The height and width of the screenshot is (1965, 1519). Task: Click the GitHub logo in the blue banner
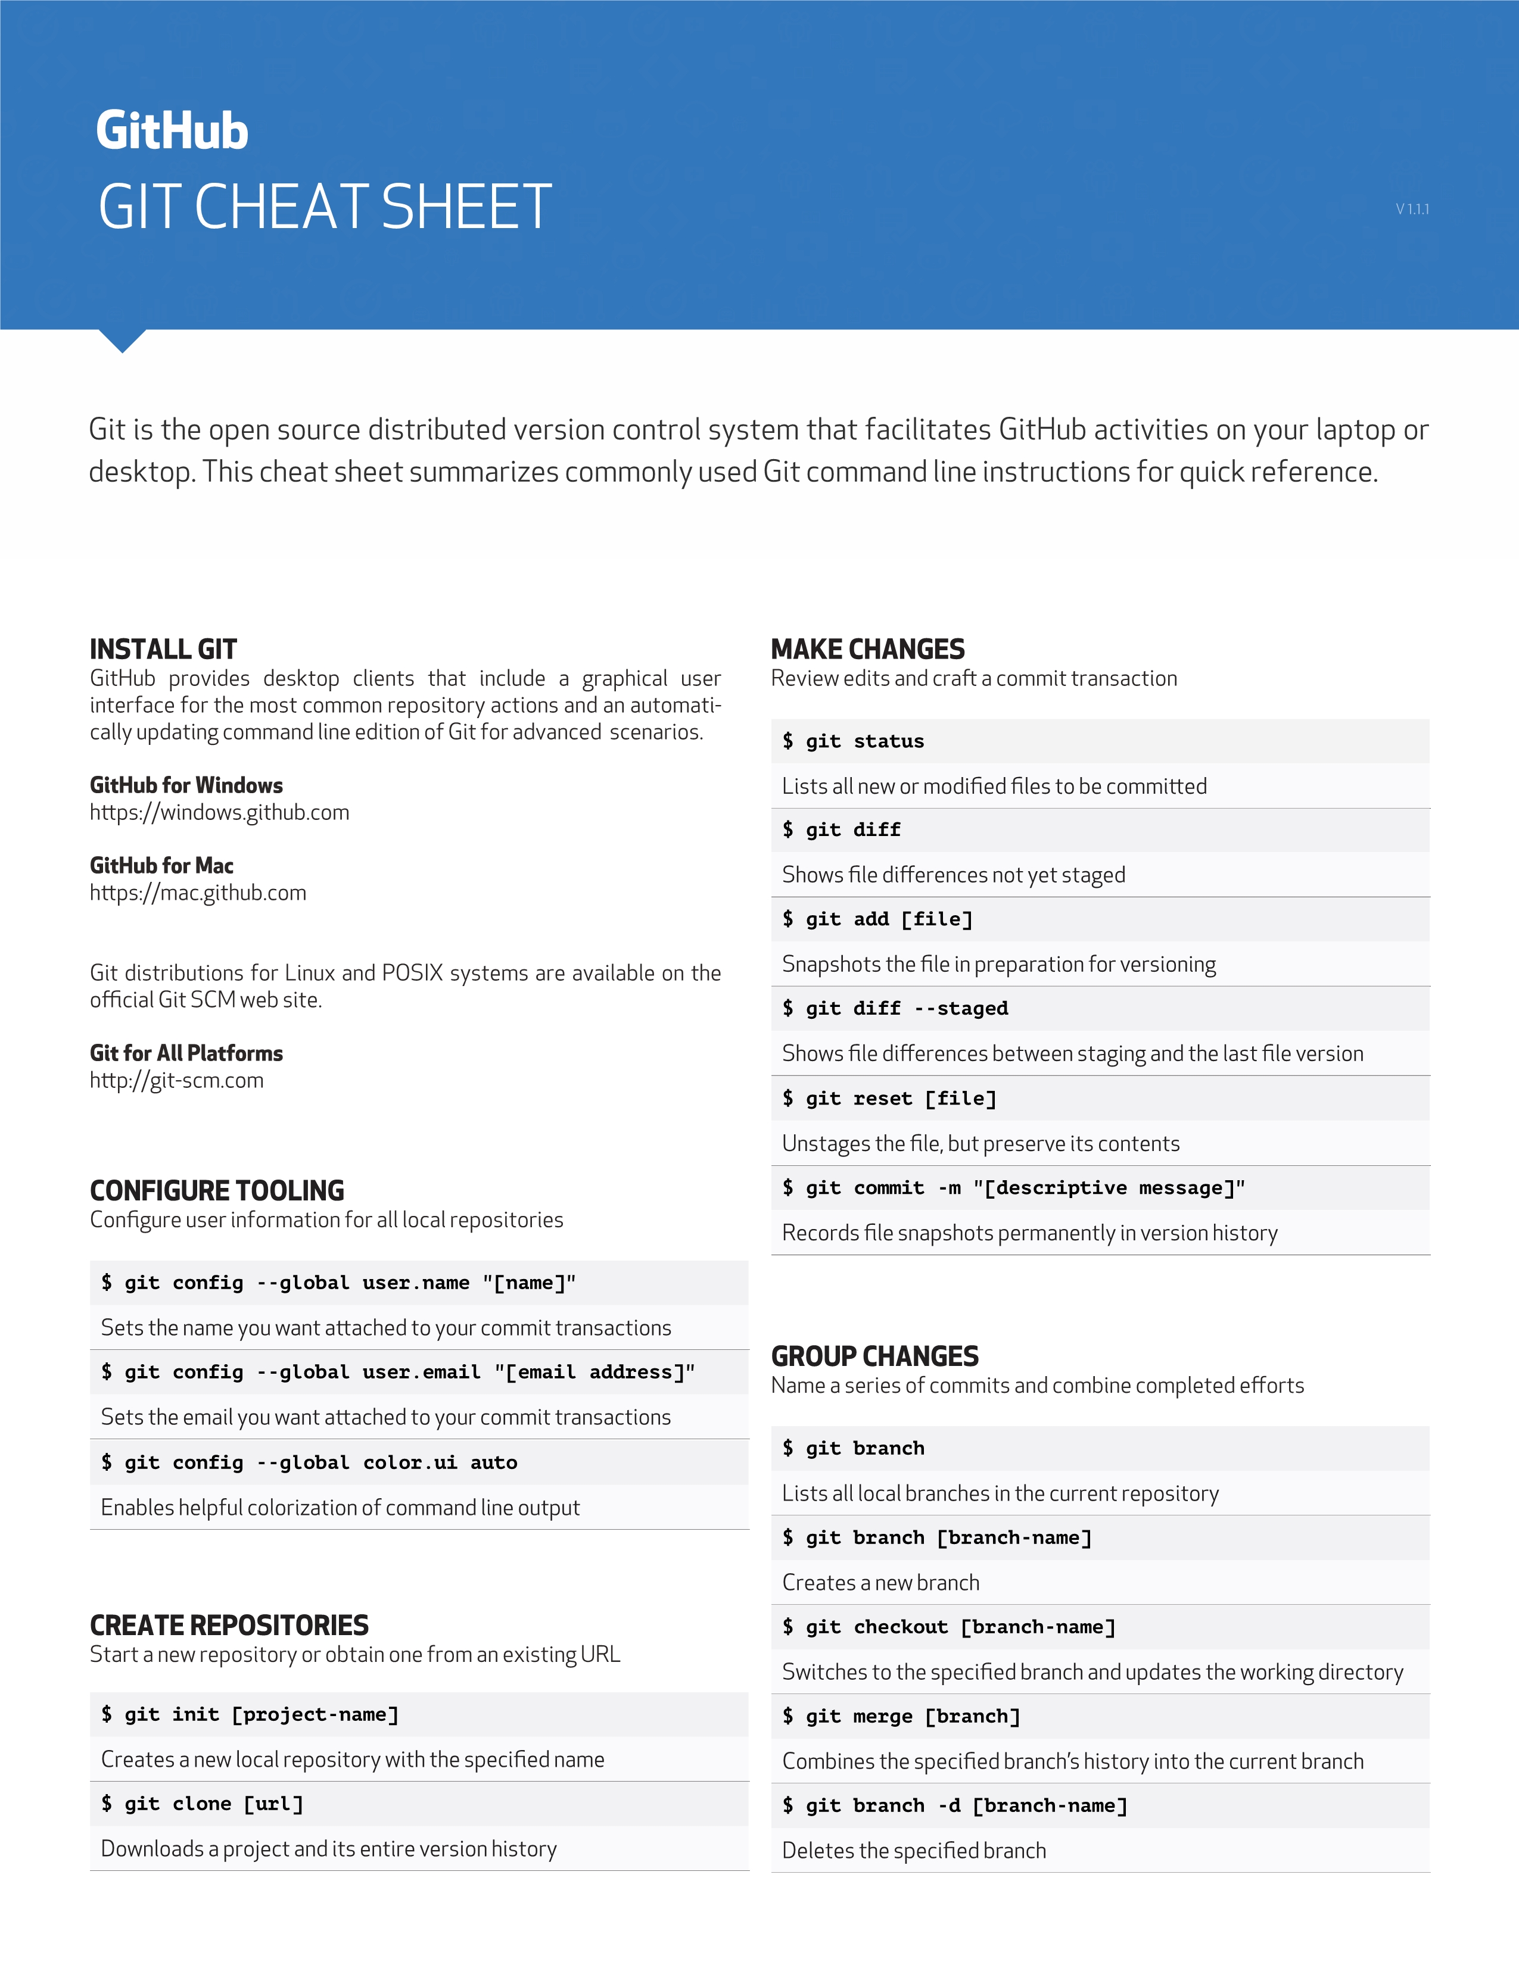coord(172,132)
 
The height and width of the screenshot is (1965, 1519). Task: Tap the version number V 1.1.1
coord(1411,210)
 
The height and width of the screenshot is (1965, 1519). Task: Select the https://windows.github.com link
coord(220,812)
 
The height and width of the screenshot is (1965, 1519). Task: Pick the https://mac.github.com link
coord(198,893)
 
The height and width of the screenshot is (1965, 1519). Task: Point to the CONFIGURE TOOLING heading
coord(217,1190)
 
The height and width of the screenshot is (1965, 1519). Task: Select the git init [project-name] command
coord(250,1714)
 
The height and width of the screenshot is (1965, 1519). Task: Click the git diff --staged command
coord(895,1009)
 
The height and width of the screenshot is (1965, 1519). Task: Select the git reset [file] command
coord(890,1099)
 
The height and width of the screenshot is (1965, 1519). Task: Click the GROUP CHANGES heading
coord(874,1356)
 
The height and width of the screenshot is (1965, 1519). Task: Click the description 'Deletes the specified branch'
coord(913,1850)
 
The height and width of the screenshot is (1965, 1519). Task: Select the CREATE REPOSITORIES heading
coord(229,1625)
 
